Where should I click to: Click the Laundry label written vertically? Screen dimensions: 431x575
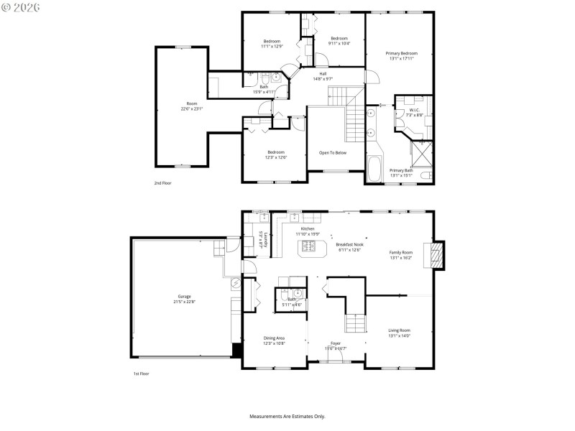tap(264, 239)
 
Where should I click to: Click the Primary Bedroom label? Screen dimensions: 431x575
tap(401, 53)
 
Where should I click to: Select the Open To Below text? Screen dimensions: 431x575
tap(333, 152)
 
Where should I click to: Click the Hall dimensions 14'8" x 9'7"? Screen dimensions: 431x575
tap(323, 78)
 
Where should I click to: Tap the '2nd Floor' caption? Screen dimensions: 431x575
tap(162, 183)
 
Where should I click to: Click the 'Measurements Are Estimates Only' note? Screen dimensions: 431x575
tap(287, 416)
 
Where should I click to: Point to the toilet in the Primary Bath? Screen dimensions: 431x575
tap(427, 175)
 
